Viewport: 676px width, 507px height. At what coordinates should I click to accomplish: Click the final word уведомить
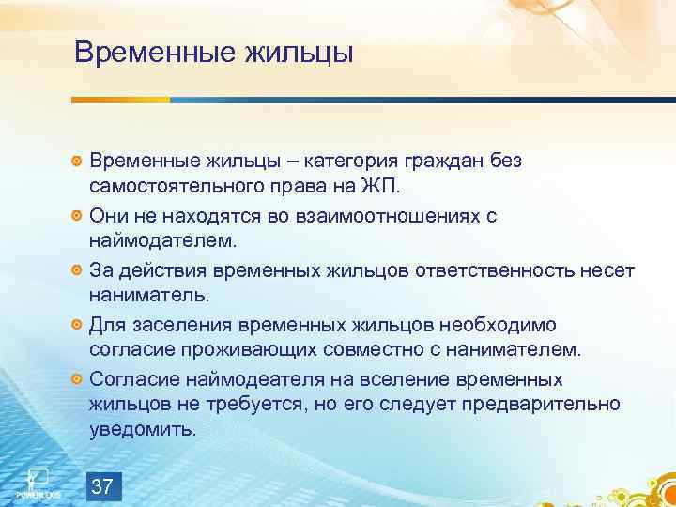coord(144,431)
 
